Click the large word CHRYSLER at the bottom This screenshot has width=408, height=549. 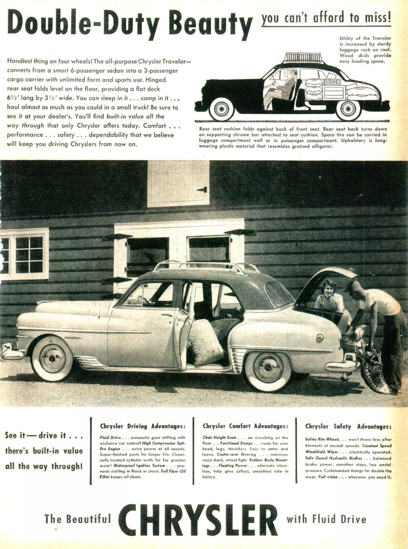(198, 519)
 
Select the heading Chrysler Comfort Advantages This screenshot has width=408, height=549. (245, 426)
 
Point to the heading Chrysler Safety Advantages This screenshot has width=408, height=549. (348, 426)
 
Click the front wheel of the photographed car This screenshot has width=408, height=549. (52, 358)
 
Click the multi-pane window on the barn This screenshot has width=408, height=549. (24, 254)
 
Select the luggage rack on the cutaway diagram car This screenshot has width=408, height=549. (303, 58)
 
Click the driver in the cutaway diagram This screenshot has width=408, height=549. (280, 87)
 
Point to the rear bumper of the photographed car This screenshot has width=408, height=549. (343, 366)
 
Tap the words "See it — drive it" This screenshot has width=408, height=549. (44, 435)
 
